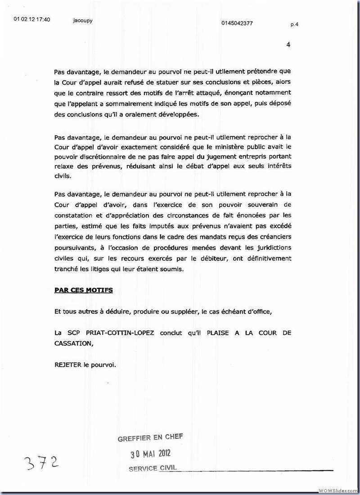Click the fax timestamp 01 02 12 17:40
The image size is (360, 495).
[x=32, y=19]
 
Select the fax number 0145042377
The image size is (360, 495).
[x=237, y=23]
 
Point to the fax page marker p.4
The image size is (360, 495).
[x=294, y=25]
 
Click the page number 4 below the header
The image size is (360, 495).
[x=288, y=44]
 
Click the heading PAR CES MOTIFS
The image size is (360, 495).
[x=83, y=290]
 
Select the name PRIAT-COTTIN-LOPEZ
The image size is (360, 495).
[x=120, y=333]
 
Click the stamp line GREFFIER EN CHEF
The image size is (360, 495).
[x=150, y=438]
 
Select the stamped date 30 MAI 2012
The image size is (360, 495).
[x=150, y=453]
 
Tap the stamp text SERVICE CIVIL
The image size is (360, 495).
[x=153, y=468]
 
